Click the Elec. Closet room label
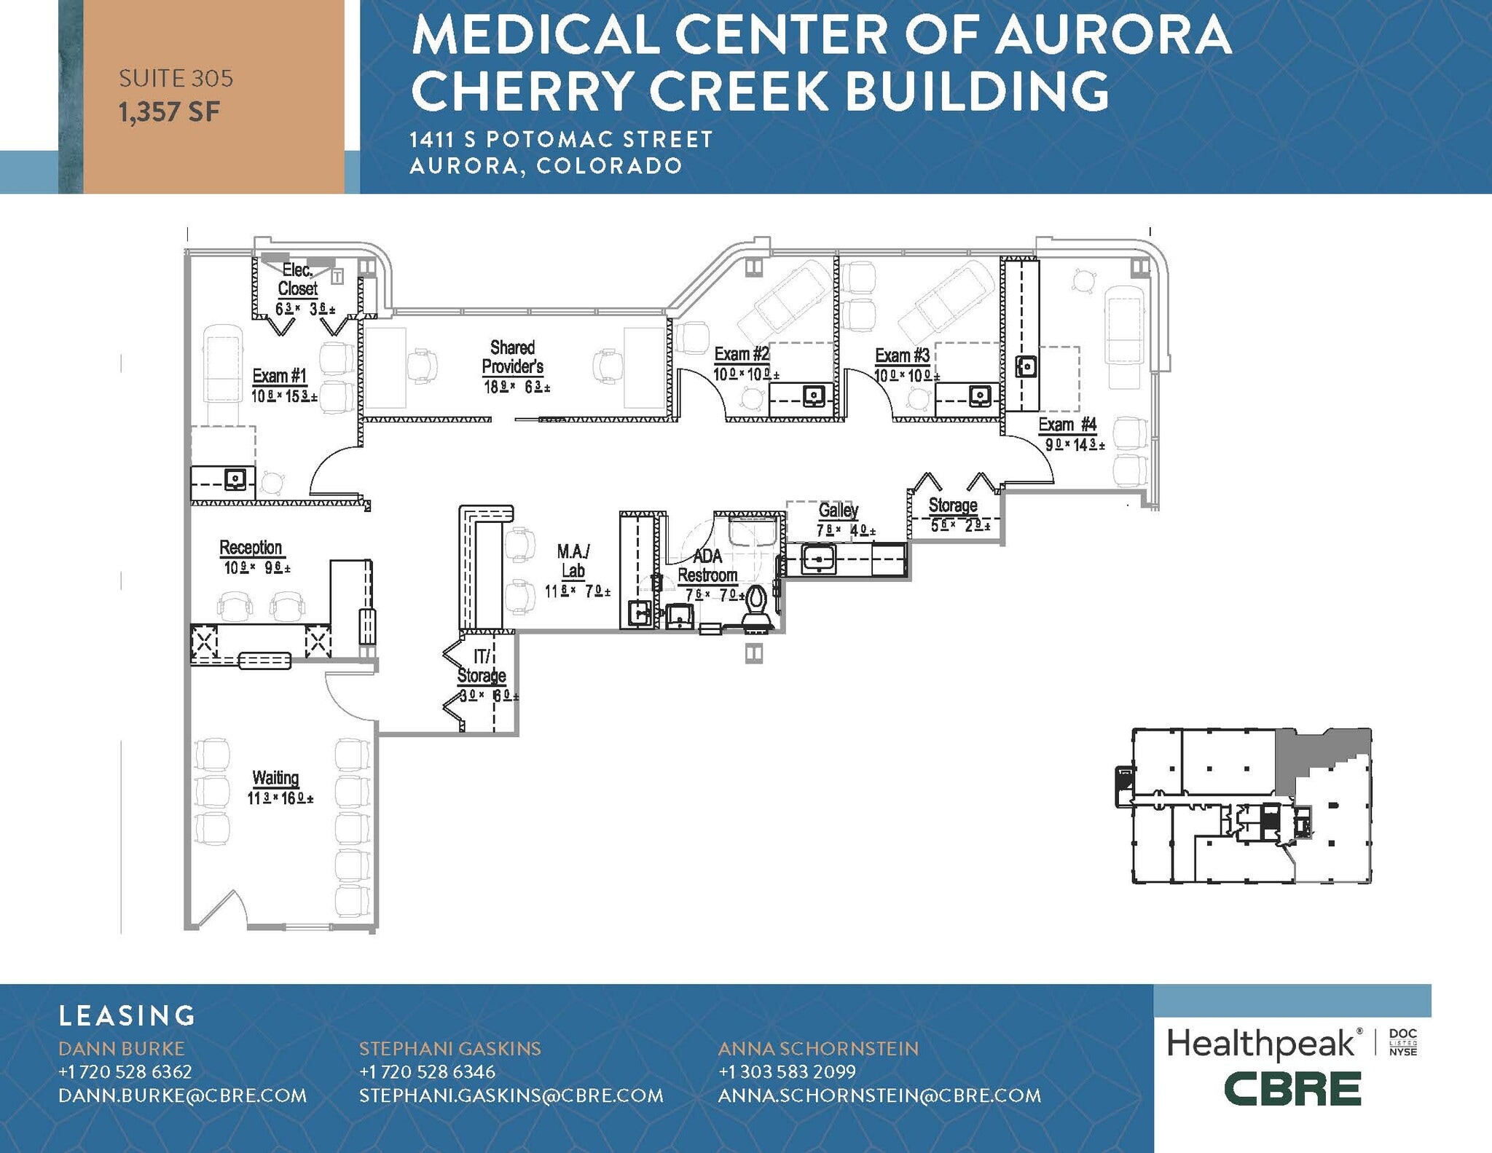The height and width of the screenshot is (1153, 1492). (297, 280)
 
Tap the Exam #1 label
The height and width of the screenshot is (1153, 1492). (280, 376)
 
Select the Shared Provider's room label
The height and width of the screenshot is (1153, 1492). (512, 357)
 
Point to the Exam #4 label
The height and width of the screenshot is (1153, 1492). (1067, 425)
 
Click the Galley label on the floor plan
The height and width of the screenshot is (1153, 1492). (838, 510)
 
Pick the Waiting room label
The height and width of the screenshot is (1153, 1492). (275, 778)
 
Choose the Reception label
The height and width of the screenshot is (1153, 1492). (251, 547)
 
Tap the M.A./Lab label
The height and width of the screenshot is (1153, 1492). (573, 561)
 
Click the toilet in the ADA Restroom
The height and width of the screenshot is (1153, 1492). (755, 605)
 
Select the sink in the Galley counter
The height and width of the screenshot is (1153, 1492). (818, 559)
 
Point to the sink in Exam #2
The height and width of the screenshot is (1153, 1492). (814, 396)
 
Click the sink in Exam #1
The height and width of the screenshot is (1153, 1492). (235, 479)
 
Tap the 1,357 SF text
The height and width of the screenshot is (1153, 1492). (169, 112)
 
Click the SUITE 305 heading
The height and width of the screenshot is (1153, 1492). (176, 78)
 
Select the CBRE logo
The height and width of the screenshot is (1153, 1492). (1292, 1090)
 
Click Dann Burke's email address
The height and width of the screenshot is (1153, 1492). (182, 1095)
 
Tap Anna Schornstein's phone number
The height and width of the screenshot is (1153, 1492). (787, 1072)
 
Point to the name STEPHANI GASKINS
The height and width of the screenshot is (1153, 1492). (449, 1049)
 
